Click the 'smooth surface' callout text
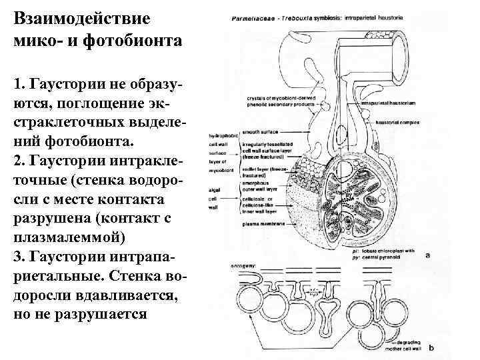click(261, 133)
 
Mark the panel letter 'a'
click(427, 254)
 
